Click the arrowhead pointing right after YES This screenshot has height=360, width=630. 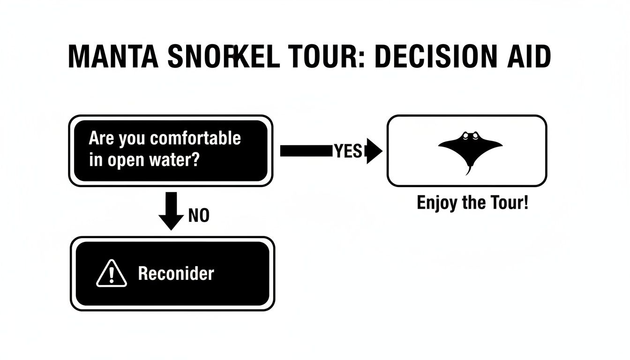(374, 150)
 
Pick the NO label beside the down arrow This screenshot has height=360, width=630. (198, 216)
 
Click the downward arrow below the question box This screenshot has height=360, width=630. (171, 211)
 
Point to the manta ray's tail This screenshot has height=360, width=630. (469, 170)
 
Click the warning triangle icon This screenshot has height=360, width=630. (111, 275)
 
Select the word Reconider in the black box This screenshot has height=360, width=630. (176, 274)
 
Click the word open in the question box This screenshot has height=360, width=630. (127, 160)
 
